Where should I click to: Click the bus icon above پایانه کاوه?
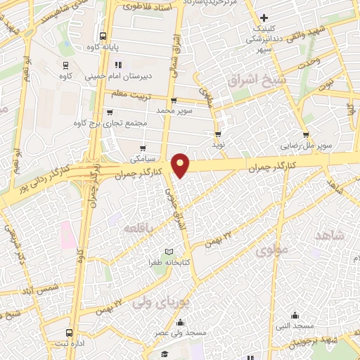pyautogui.click(x=103, y=36)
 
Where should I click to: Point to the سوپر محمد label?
pyautogui.click(x=174, y=110)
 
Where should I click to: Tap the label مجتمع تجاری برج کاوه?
pyautogui.click(x=110, y=122)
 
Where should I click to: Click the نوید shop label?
pyautogui.click(x=218, y=144)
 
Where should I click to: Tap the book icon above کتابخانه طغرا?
pyautogui.click(x=168, y=251)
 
